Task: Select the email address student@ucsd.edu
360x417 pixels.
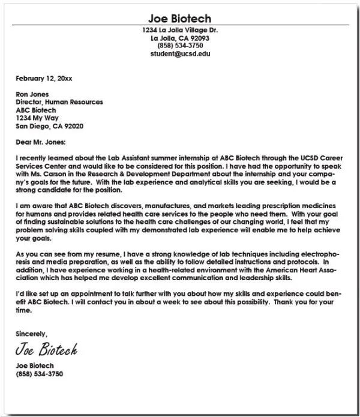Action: [180, 53]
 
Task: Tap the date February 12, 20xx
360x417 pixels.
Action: [43, 78]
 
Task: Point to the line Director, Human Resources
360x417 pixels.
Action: [59, 102]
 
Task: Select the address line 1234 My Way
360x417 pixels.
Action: [37, 118]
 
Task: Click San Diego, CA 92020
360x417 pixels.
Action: [49, 126]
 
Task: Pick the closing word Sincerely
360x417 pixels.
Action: [31, 334]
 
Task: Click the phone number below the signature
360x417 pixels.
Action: [39, 374]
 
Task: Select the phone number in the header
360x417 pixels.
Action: [180, 46]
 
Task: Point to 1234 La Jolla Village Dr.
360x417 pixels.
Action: [180, 30]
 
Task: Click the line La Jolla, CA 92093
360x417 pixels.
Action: [180, 38]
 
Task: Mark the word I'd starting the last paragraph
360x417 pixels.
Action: [21, 293]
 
